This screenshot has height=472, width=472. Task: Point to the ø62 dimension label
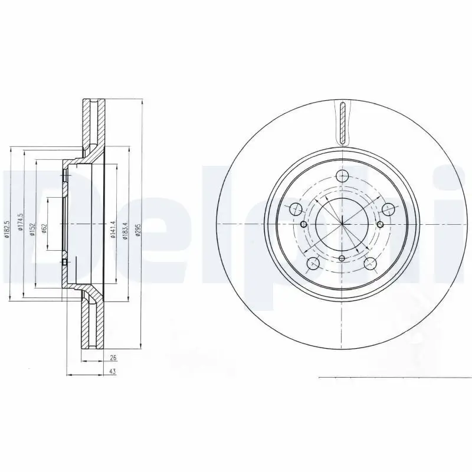pyautogui.click(x=45, y=228)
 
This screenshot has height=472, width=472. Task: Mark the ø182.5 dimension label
pyautogui.click(x=8, y=230)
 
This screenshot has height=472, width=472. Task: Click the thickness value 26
pyautogui.click(x=113, y=358)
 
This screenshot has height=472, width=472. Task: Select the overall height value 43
pyautogui.click(x=113, y=371)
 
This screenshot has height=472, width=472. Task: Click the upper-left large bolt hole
pyautogui.click(x=296, y=209)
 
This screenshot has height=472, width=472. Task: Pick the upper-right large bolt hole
pyautogui.click(x=388, y=209)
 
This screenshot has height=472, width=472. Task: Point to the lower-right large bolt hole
pyautogui.click(x=371, y=263)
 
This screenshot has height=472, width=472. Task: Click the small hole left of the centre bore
pyautogui.click(x=304, y=224)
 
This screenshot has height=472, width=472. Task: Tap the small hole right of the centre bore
pyautogui.click(x=380, y=224)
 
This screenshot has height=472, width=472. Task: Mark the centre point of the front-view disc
pyautogui.click(x=342, y=224)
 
